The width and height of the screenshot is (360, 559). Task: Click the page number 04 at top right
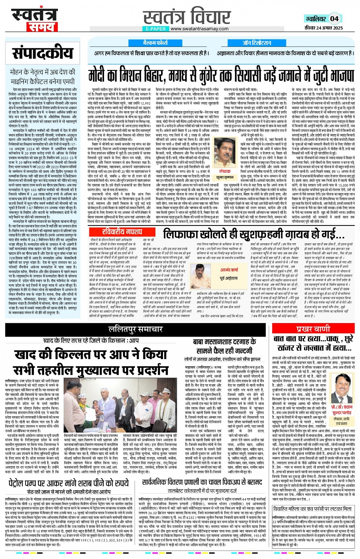tap(334, 18)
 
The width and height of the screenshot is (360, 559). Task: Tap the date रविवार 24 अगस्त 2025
tap(324, 27)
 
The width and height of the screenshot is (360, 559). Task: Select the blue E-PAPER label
tap(156, 29)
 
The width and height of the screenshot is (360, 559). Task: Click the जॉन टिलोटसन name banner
tap(257, 43)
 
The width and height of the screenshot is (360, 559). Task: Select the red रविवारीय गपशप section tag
tap(122, 232)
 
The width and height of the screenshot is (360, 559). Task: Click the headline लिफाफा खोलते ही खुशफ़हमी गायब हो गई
tap(250, 233)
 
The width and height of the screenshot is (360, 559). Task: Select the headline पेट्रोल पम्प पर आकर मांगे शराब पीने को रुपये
tap(69, 483)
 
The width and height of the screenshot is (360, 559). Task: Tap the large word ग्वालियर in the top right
tap(316, 19)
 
